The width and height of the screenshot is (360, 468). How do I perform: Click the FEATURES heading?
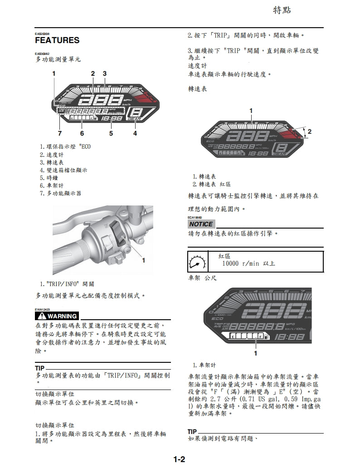point(57,40)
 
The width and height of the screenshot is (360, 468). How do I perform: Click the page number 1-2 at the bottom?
point(180,459)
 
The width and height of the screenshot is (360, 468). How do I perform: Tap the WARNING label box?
point(57,316)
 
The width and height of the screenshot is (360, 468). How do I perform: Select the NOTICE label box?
point(200,224)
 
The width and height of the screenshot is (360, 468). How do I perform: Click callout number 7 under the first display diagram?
point(59,133)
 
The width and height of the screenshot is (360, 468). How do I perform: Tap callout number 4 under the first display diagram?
point(135,133)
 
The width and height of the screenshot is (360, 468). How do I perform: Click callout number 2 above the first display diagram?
point(92,73)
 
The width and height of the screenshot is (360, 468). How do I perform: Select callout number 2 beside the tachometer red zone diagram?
point(310,132)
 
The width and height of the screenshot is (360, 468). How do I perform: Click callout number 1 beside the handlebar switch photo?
point(144,260)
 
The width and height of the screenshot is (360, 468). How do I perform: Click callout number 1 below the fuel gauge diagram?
point(256,353)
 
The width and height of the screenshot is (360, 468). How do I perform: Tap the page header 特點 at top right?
point(282,10)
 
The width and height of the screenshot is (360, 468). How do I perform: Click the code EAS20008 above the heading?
point(42,34)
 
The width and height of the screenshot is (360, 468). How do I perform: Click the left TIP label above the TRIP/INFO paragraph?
point(39,367)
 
